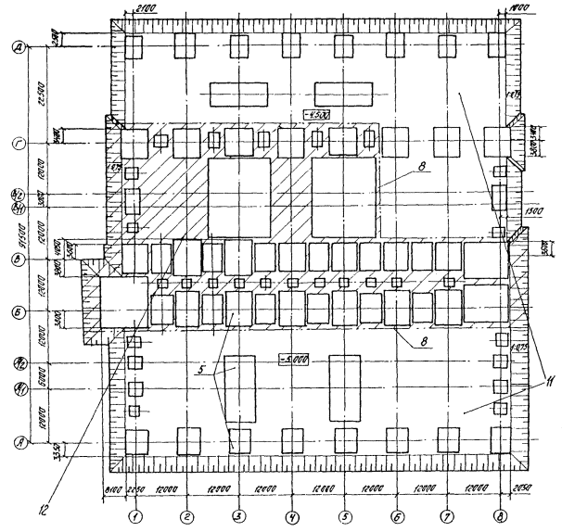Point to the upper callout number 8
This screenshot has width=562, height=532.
397,165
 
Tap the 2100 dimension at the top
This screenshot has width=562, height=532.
146,8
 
